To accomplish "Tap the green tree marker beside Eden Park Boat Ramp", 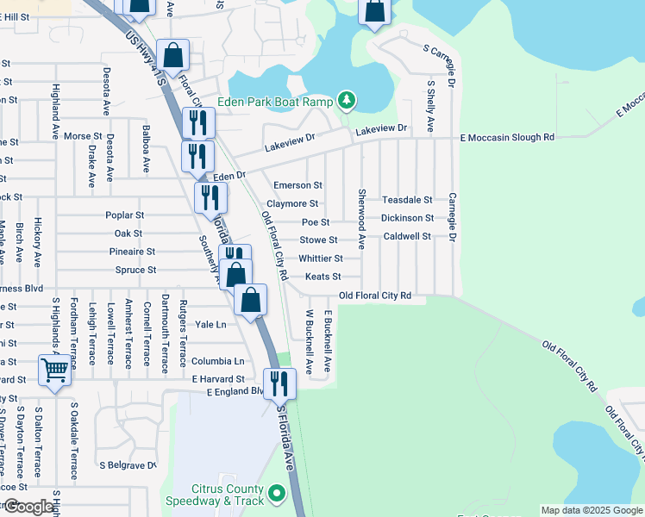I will coord(347,102).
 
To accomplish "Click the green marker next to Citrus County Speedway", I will coord(277,494).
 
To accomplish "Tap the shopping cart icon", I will coord(54,371).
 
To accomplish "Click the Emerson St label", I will coord(297,185).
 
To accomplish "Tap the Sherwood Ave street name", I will coord(362,220).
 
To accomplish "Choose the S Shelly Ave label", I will coord(430,102).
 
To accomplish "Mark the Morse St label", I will coord(83,136).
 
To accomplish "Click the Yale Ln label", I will coord(210,325).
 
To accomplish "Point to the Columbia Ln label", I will coord(217,361).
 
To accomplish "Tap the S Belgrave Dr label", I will coord(128,465).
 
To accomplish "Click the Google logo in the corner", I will coord(28,507).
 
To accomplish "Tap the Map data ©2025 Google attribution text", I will coord(591,510).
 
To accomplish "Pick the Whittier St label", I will coord(320,258).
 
